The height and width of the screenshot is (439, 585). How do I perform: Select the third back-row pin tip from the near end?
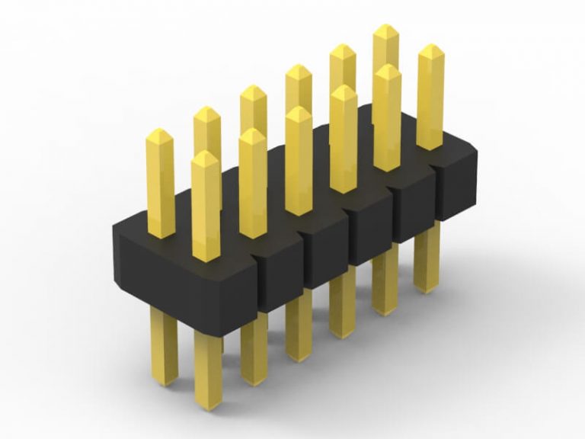click(x=254, y=93)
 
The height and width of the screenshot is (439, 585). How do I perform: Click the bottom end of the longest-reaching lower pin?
click(x=208, y=402)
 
